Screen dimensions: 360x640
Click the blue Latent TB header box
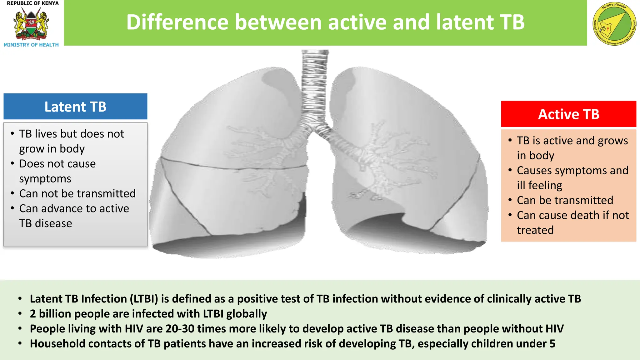click(75, 107)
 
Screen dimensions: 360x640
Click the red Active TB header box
click(568, 114)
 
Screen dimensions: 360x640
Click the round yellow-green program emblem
click(614, 24)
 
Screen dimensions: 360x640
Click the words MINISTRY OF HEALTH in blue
click(31, 45)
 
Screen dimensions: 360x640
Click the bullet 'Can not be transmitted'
click(77, 193)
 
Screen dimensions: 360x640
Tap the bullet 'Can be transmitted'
click(565, 200)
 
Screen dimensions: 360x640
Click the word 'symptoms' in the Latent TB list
click(45, 179)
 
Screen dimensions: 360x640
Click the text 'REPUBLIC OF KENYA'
click(32, 3)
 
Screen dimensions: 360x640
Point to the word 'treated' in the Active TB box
click(535, 230)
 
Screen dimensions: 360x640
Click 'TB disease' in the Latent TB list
click(46, 223)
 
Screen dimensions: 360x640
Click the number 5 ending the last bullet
click(552, 344)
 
